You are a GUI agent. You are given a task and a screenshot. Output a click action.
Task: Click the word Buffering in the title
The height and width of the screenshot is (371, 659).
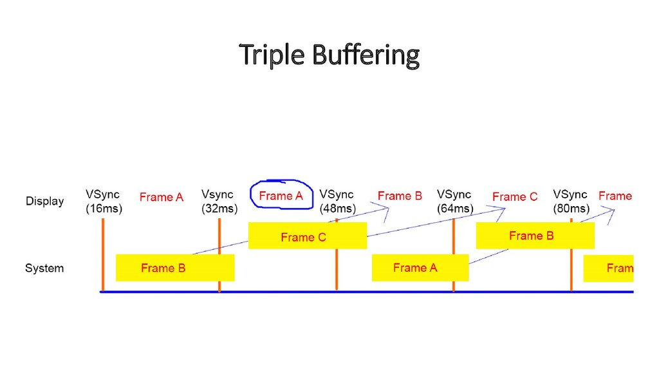point(366,55)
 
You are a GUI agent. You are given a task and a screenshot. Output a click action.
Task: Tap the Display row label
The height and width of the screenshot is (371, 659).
point(44,201)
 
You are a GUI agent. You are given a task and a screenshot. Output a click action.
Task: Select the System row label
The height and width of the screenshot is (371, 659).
point(44,268)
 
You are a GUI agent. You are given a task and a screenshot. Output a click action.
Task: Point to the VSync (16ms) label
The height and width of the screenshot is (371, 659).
point(104,201)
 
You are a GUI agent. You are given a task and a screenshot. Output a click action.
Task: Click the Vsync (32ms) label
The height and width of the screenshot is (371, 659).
point(219,201)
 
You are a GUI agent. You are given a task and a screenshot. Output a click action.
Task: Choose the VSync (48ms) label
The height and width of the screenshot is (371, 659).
point(337,201)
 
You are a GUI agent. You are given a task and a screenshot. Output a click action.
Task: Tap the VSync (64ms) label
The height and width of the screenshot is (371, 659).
point(455,201)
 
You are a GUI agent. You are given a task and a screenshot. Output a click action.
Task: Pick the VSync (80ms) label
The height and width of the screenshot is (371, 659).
point(571,201)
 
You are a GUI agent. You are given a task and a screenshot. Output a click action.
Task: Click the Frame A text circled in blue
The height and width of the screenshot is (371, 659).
point(281,196)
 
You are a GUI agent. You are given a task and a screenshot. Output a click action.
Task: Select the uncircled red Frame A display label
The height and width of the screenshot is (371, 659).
point(161,197)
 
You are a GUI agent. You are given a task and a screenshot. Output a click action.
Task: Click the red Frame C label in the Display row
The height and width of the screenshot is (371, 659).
point(515,196)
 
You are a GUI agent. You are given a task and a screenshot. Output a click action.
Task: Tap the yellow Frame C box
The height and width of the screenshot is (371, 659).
point(307,236)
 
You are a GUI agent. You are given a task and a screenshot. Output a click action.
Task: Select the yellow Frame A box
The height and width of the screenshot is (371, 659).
point(420,267)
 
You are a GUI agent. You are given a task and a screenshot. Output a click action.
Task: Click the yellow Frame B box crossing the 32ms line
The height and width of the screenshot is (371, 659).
point(174,268)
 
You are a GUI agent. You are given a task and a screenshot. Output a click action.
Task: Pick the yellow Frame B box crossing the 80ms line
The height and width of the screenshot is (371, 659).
point(534,235)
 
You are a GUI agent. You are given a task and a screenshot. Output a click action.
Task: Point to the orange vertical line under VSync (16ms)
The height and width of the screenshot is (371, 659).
point(103,254)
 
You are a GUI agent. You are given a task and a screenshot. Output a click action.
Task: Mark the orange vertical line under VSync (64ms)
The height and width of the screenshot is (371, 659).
point(454,254)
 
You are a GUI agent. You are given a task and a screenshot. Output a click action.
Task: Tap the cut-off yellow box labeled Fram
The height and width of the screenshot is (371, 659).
point(608,268)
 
